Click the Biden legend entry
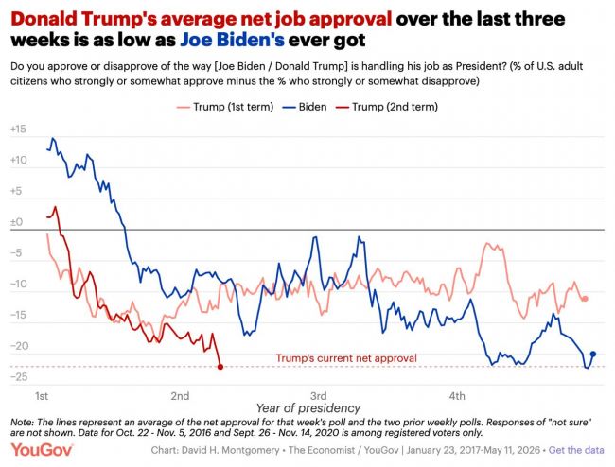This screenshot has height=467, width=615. [x=305, y=107]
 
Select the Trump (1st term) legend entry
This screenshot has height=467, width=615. [x=225, y=107]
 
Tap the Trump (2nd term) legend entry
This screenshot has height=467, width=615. [x=387, y=107]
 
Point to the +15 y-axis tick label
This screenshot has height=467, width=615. [x=18, y=129]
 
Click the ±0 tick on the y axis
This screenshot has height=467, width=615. [x=16, y=222]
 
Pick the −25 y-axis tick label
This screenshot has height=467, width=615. [x=19, y=377]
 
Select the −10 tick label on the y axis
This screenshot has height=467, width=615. [x=19, y=284]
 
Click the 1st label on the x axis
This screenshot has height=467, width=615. [x=42, y=396]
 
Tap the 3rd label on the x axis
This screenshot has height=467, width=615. [x=319, y=396]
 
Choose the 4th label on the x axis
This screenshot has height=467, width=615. [x=457, y=396]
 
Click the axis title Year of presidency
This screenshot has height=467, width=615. [x=308, y=408]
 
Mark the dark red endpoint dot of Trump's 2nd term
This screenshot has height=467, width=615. [x=220, y=367]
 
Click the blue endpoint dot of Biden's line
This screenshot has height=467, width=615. [x=593, y=354]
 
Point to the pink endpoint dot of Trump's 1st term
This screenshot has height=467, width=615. [x=585, y=299]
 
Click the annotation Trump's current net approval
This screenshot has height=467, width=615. [x=346, y=358]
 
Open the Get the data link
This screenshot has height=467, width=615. [x=576, y=450]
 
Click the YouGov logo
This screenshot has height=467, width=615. [x=42, y=450]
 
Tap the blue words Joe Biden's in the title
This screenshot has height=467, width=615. [x=232, y=40]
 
